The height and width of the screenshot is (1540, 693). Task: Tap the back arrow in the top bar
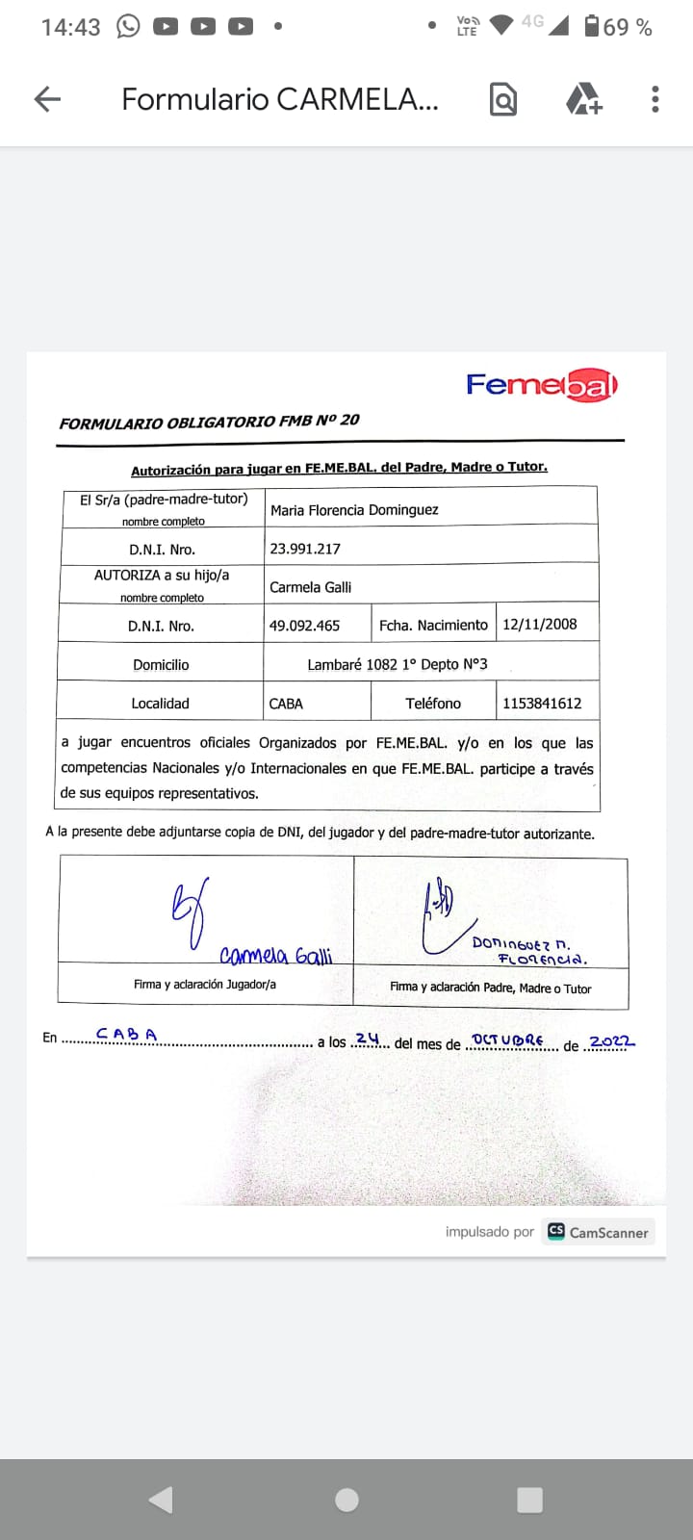pos(47,98)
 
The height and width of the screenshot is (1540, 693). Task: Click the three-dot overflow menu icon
pos(654,99)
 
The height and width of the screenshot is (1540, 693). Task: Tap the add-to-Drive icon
pos(582,99)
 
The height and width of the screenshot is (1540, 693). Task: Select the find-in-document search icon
pos(503,99)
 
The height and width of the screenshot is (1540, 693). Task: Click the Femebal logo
pos(541,385)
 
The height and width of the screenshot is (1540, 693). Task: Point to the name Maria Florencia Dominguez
pos(354,510)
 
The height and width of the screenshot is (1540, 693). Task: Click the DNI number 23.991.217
pos(305,549)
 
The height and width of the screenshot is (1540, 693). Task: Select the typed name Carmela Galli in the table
pos(310,587)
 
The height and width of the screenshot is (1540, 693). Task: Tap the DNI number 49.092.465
pos(304,626)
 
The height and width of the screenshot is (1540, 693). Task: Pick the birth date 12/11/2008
pos(540,624)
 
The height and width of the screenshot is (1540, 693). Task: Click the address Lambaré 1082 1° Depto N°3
pos(397,664)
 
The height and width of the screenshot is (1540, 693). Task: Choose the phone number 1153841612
pos(542,703)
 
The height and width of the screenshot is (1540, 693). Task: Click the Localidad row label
pos(160,704)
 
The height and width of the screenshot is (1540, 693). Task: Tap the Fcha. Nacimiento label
pos(433,626)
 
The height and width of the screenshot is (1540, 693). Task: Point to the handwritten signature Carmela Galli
pos(275,955)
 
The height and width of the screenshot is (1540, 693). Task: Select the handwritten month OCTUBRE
pos(508,1040)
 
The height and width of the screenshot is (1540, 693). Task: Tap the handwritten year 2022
pos(611,1042)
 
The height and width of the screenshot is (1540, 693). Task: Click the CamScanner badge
pos(598,1232)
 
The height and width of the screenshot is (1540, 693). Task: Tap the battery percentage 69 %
pos(628,27)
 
